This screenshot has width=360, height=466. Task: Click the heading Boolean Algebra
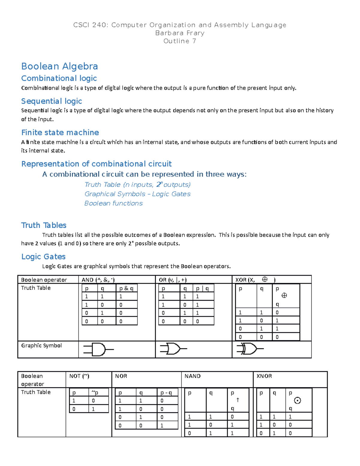tap(59, 66)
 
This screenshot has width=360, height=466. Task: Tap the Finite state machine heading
tap(60, 133)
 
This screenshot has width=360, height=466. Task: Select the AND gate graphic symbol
tap(98, 350)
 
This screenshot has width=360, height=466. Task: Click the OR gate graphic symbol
tap(173, 349)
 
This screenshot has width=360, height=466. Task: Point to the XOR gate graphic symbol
tap(250, 349)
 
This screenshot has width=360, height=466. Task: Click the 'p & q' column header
tap(126, 288)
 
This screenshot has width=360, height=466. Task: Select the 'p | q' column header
tap(202, 288)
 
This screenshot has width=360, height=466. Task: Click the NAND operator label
tap(193, 376)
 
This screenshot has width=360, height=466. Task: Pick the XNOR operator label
tap(264, 376)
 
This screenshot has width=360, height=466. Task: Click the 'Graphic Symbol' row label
tap(41, 345)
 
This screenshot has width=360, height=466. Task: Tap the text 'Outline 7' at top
tap(180, 41)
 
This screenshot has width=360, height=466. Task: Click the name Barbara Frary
tap(180, 33)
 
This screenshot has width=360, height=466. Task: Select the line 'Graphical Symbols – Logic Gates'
tap(137, 194)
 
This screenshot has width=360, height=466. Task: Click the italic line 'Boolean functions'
tap(113, 203)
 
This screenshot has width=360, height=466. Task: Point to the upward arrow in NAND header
tap(238, 400)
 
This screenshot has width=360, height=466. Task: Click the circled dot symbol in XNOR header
tap(297, 400)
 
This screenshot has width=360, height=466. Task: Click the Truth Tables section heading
tap(44, 225)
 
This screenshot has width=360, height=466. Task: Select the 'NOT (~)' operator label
tap(79, 376)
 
